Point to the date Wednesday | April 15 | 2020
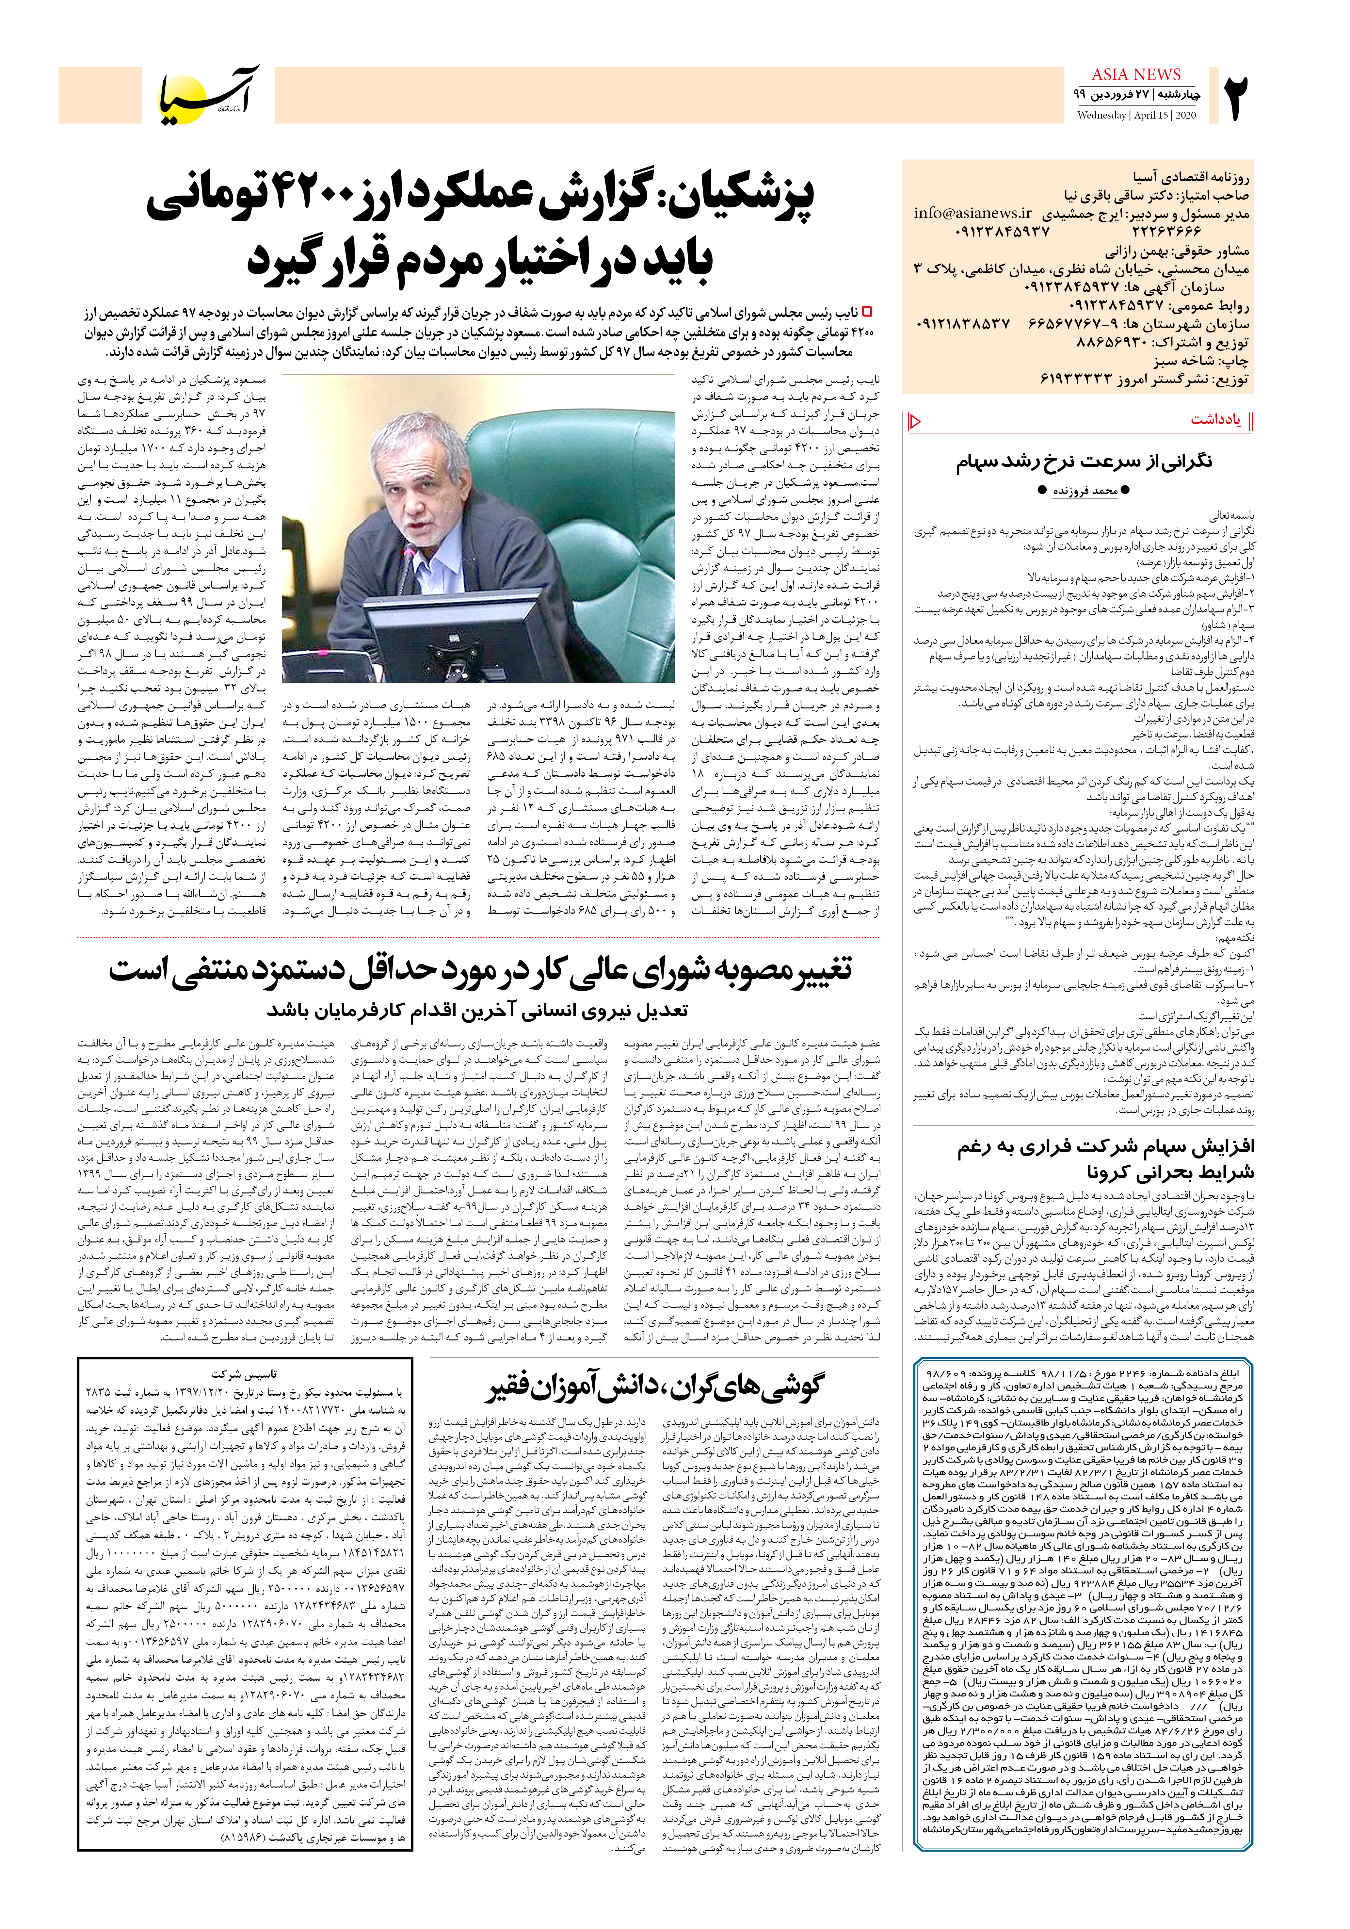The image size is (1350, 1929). (1136, 115)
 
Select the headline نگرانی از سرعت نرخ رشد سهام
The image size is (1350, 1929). (1084, 462)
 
